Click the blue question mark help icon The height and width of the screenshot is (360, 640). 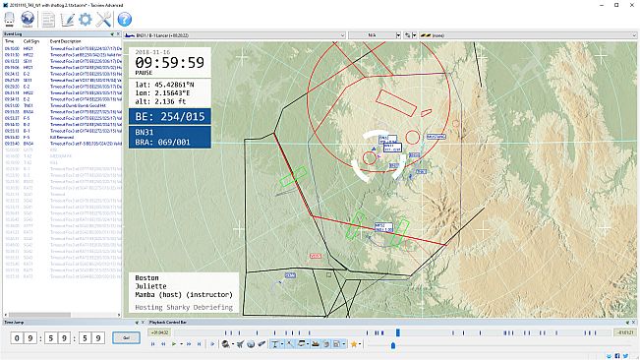125,19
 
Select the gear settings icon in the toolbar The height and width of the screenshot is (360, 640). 86,19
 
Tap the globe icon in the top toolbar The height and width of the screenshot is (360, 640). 27,19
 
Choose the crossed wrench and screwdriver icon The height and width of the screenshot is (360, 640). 105,19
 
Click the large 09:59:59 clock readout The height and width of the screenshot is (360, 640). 169,63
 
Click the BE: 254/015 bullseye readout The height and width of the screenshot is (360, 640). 169,116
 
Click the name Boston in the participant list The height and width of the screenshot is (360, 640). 145,279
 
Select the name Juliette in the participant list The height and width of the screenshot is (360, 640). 150,288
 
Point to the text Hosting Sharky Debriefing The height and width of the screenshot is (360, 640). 182,308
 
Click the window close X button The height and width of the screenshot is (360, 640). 628,5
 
